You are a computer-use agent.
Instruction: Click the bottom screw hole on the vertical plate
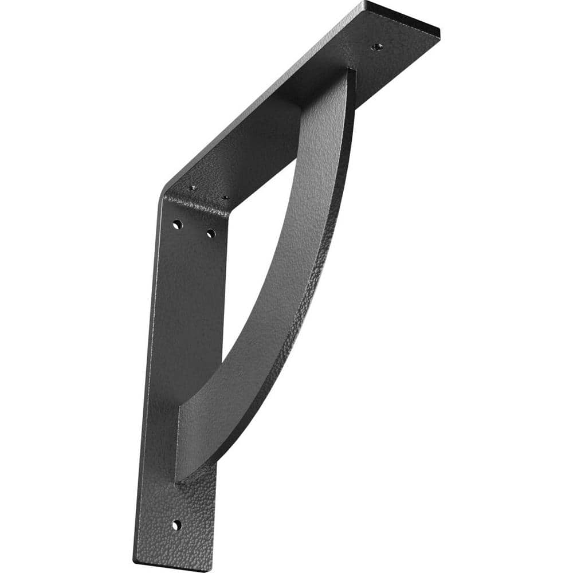pos(176,524)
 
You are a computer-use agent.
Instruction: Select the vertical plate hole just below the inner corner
pos(211,233)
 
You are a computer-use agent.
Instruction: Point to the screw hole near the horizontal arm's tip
pos(376,46)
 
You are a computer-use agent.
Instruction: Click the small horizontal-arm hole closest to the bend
pos(193,187)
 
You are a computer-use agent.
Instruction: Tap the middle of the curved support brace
pos(286,275)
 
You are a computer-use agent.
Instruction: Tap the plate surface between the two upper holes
pos(194,229)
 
